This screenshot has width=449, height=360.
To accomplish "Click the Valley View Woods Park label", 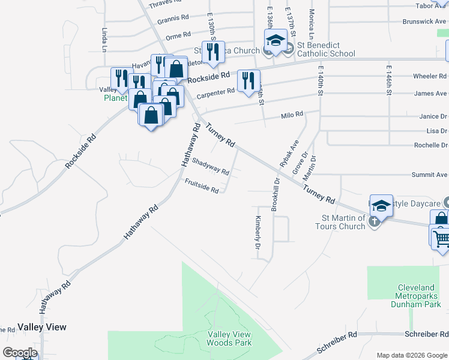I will click(229, 338).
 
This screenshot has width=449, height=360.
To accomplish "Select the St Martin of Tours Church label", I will click(343, 222).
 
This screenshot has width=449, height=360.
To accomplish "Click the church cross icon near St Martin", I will click(374, 221).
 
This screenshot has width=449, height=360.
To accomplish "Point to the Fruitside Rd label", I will click(201, 186).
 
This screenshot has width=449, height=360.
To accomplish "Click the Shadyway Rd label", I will click(210, 167).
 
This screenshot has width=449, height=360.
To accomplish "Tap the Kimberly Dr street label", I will click(258, 233).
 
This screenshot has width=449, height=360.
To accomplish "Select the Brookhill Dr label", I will click(275, 193).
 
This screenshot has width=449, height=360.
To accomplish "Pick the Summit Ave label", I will click(429, 175).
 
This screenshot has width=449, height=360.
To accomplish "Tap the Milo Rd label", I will click(292, 115).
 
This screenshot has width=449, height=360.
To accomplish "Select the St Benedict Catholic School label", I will click(321, 49).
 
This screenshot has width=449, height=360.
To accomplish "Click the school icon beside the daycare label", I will click(381, 206).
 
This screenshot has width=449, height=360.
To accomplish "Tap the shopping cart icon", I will click(441, 239).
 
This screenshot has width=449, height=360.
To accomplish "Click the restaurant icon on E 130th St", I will click(212, 52).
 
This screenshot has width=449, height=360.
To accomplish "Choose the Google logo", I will click(20, 353).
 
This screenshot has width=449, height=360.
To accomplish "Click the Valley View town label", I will click(42, 327).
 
